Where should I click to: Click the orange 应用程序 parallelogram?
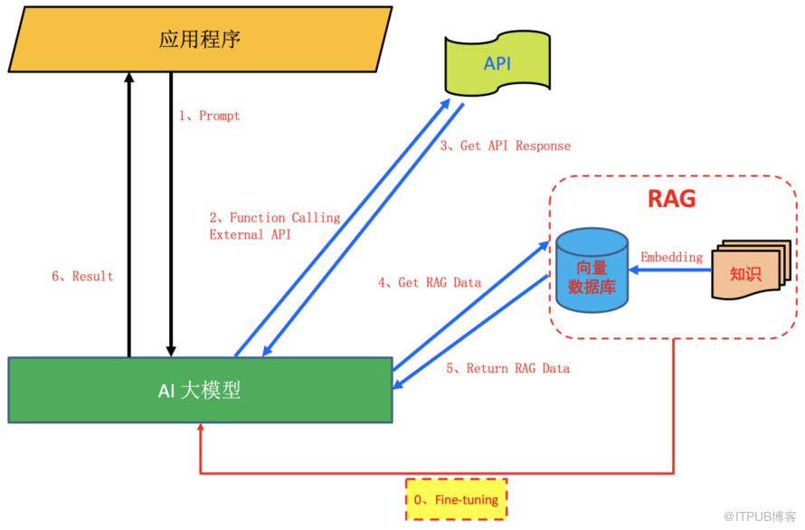200,39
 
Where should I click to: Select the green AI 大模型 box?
200,391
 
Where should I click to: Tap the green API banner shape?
497,62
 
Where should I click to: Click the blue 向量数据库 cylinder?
592,270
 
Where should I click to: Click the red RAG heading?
672,198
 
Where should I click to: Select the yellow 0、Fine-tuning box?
456,498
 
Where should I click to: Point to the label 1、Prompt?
209,116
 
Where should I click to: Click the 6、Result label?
82,276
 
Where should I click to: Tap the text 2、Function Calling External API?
274,226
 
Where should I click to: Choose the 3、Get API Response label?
506,146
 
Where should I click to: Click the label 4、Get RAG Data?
429,282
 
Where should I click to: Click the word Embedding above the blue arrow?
671,257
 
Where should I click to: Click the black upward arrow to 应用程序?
128,217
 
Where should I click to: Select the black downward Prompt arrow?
170,217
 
